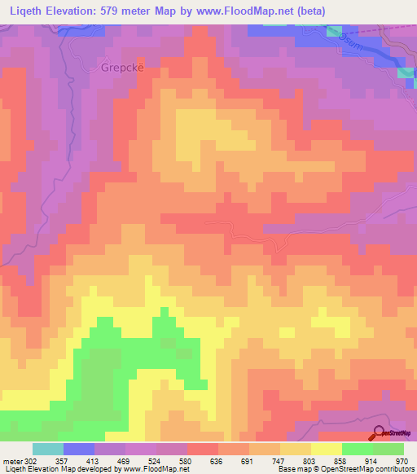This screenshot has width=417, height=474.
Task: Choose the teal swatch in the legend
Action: pyautogui.click(x=48, y=449)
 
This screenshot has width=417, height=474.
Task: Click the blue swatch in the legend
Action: pyautogui.click(x=79, y=449)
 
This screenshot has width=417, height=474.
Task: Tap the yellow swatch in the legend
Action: pyautogui.click(x=327, y=449)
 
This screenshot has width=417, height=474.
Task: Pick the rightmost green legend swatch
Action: pyautogui.click(x=388, y=449)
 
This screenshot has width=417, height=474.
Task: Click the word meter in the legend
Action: pyautogui.click(x=12, y=461)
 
